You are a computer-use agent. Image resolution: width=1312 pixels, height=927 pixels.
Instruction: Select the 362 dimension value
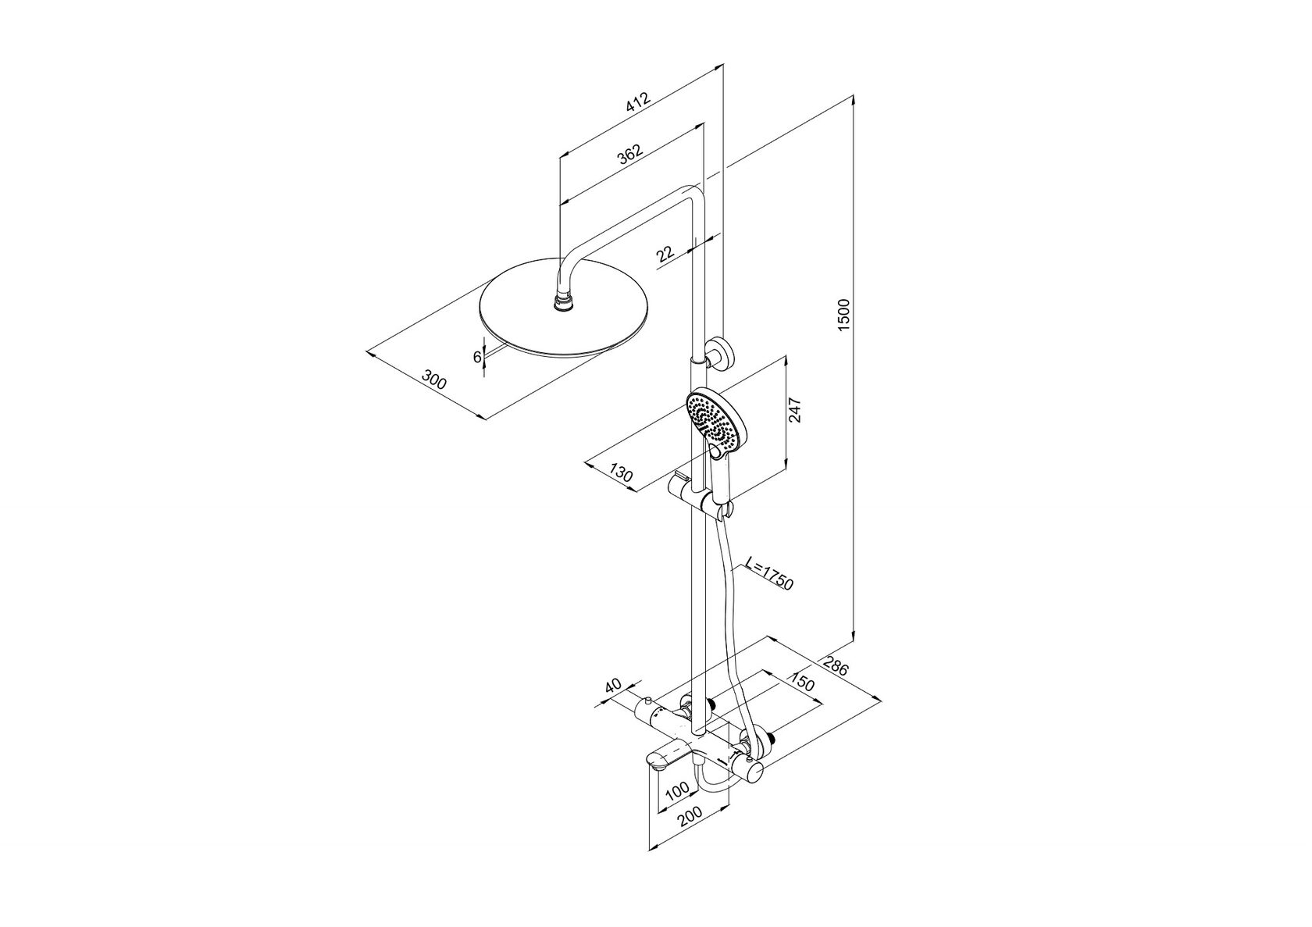coord(630,155)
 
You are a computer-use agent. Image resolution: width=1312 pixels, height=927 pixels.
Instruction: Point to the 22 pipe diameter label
coord(665,254)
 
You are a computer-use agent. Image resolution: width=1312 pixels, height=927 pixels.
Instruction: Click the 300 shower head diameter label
coord(434,380)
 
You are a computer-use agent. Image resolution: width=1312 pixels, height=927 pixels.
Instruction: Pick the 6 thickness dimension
coord(476,356)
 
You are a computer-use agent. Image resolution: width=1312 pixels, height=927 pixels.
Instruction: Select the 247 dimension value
coord(794,410)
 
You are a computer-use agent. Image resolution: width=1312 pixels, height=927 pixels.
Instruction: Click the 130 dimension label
coord(622,472)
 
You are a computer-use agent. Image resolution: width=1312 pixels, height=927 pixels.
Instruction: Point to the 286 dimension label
coord(836,665)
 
